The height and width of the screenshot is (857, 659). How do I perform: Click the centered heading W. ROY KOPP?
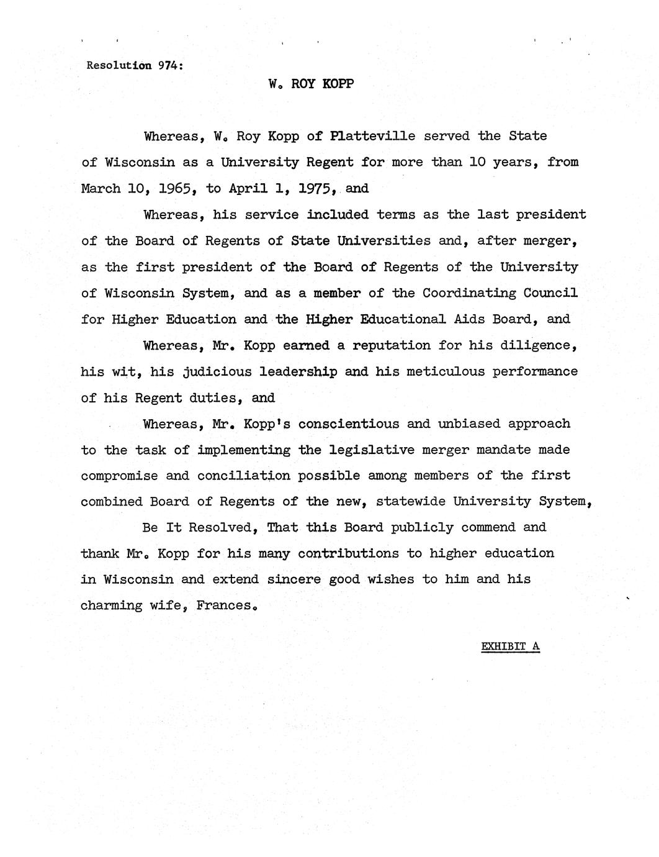[x=312, y=84]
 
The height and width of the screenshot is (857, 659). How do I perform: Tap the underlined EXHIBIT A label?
[x=510, y=646]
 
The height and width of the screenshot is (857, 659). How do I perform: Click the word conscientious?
[x=349, y=424]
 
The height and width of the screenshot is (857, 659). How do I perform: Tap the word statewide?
[x=411, y=502]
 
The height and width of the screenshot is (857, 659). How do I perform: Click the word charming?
[x=112, y=605]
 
